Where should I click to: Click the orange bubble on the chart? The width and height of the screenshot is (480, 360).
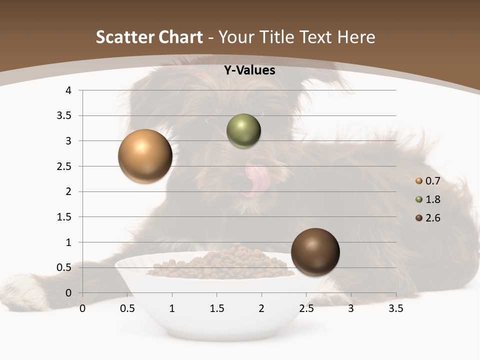tap(145, 156)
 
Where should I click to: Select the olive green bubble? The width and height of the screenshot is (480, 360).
tap(243, 131)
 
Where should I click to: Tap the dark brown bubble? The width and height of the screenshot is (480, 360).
tap(315, 252)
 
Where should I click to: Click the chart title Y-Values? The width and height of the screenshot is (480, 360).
tap(249, 70)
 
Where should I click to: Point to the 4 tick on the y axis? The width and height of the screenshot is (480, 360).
tap(68, 90)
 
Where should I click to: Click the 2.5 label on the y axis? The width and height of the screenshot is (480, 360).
tap(64, 166)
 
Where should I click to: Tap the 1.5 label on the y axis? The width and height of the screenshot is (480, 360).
tap(64, 217)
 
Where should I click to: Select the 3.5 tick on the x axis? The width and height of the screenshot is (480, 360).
tap(395, 308)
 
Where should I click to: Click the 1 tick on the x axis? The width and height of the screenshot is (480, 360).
tap(172, 308)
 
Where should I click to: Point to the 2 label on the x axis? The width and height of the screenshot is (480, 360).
tap(261, 308)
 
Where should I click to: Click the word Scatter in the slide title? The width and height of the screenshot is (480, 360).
tap(123, 37)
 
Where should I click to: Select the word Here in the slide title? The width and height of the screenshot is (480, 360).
tap(356, 37)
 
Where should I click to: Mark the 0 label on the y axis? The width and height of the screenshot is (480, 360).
tap(68, 293)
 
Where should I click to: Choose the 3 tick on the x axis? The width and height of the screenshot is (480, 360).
tap(351, 308)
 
